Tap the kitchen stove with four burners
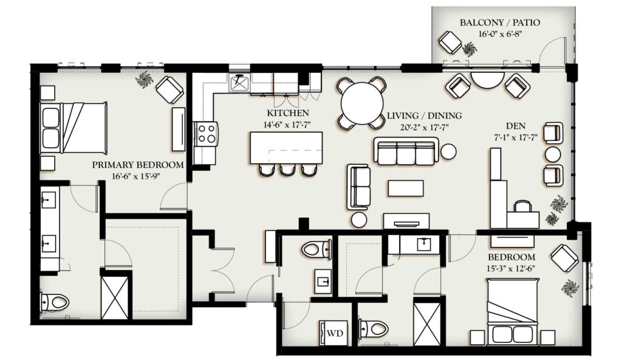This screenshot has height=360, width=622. (206, 133)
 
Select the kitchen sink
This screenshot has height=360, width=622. (239, 83)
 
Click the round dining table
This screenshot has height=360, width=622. (362, 103)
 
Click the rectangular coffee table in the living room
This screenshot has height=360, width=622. (406, 188)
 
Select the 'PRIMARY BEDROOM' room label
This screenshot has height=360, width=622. (138, 165)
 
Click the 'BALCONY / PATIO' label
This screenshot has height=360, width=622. (500, 22)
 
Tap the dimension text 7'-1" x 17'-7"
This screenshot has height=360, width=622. (516, 137)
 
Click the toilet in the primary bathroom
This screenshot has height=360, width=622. (55, 302)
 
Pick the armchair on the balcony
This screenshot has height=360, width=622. (450, 42)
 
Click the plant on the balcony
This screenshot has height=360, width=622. (470, 49)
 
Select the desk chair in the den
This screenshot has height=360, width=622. (522, 206)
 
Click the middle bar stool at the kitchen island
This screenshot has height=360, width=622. (287, 170)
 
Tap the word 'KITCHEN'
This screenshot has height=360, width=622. (287, 112)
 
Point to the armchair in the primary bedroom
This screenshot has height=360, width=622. (170, 90)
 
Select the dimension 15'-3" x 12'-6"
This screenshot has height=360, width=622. (511, 268)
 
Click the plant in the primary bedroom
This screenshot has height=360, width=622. (144, 80)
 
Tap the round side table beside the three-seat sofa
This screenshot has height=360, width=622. (449, 151)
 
